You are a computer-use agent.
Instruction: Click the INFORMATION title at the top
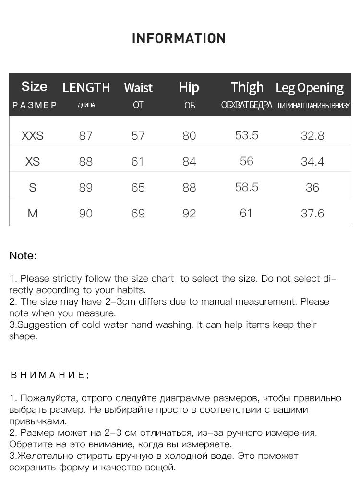click(x=179, y=38)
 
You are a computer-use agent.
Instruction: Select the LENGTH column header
click(x=86, y=88)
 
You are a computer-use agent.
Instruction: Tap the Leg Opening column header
click(x=310, y=88)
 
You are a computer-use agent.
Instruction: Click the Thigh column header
click(x=247, y=87)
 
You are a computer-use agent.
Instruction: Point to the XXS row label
click(x=33, y=136)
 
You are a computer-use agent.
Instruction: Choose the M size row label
click(x=33, y=213)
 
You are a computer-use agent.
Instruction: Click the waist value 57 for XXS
click(x=138, y=136)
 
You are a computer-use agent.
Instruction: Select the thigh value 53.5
click(x=247, y=135)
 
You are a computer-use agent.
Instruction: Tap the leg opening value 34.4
click(x=312, y=162)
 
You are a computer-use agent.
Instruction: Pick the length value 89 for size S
click(x=86, y=187)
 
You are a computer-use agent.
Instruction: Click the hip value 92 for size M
click(x=189, y=213)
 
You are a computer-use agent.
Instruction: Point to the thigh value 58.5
click(x=247, y=187)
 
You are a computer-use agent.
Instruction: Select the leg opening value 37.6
click(x=312, y=213)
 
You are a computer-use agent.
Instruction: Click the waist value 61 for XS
click(x=138, y=162)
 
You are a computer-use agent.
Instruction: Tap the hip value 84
click(x=189, y=162)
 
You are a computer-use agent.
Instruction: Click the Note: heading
click(x=23, y=255)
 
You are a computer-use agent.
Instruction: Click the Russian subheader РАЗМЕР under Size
click(x=34, y=105)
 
